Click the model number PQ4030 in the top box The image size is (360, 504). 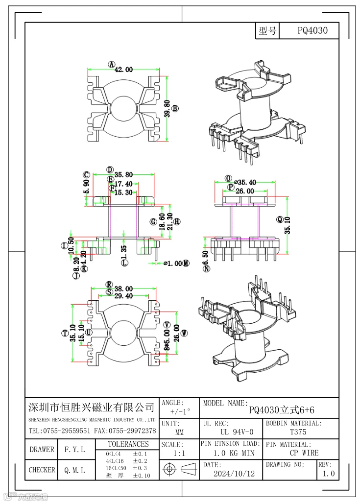point(312,31)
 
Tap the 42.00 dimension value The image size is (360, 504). point(123,70)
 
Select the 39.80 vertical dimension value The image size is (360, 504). point(168,109)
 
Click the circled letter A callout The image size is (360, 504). point(111,64)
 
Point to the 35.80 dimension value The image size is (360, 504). point(123,174)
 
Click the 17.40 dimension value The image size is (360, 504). point(123,184)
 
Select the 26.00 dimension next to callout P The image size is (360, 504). point(245,191)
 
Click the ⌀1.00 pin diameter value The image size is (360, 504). point(172,263)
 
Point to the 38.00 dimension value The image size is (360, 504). point(123,289)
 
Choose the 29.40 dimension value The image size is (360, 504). point(123,296)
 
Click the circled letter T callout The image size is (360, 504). point(64,334)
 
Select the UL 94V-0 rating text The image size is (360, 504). point(237,432)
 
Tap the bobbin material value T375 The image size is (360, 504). point(298,432)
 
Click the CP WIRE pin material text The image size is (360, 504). point(304,453)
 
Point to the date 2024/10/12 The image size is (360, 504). point(234,474)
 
